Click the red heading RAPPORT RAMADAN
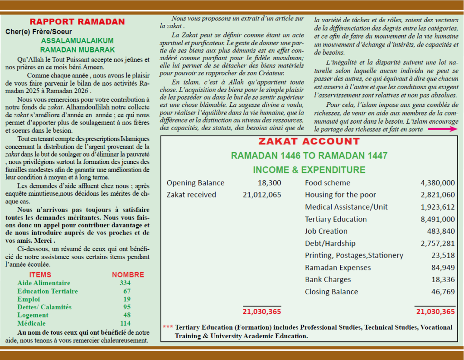(77, 22)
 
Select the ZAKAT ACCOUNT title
(309, 141)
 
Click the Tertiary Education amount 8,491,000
(437, 219)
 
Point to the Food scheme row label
(327, 183)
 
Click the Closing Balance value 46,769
(443, 292)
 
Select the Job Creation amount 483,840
(440, 231)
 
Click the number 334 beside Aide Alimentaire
(125, 283)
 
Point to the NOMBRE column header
(128, 274)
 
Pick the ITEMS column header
(40, 274)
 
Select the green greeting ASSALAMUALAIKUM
(77, 41)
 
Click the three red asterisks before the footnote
(168, 327)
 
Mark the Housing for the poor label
(340, 195)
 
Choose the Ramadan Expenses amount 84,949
(443, 267)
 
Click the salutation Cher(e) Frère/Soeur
(35, 32)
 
